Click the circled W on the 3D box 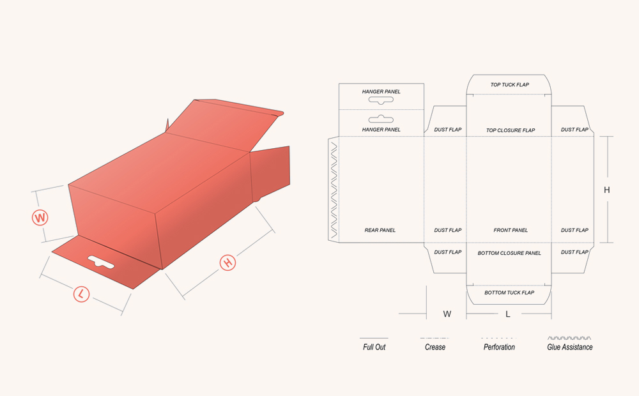click(40, 218)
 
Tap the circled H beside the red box click(227, 263)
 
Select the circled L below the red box click(81, 294)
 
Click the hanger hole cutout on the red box click(102, 261)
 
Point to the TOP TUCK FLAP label click(509, 85)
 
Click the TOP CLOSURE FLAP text click(510, 130)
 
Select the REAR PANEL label click(380, 230)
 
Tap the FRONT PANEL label click(511, 230)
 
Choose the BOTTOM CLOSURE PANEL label click(509, 253)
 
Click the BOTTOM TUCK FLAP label click(509, 293)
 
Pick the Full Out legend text click(374, 347)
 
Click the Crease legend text click(435, 347)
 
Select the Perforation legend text click(499, 347)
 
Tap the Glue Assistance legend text click(569, 347)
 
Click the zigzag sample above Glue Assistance click(569, 337)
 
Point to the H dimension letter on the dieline click(607, 190)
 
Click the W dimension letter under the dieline click(447, 314)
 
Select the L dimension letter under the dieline click(508, 314)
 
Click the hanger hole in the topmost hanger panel click(381, 101)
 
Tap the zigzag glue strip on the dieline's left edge click(333, 189)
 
